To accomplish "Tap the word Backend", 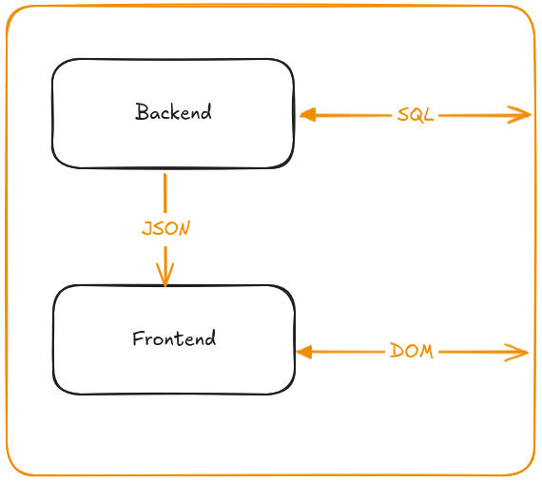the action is [173, 112].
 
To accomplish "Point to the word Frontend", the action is [174, 338].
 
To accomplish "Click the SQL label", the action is [416, 115].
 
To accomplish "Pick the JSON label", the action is [165, 228].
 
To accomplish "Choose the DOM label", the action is [412, 352].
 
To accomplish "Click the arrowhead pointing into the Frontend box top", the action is [165, 275].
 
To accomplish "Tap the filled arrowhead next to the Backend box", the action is [308, 115].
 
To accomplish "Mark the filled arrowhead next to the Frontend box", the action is [304, 352].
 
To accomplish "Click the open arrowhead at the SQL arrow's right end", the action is [519, 115].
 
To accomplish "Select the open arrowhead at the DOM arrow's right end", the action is [516, 353].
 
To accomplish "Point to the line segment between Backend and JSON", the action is [165, 193].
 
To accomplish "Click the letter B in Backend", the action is [142, 111].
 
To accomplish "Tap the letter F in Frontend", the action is [138, 338].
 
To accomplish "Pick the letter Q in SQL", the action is [416, 115].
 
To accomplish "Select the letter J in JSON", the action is [148, 228].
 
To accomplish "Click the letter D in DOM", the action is [397, 351].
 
